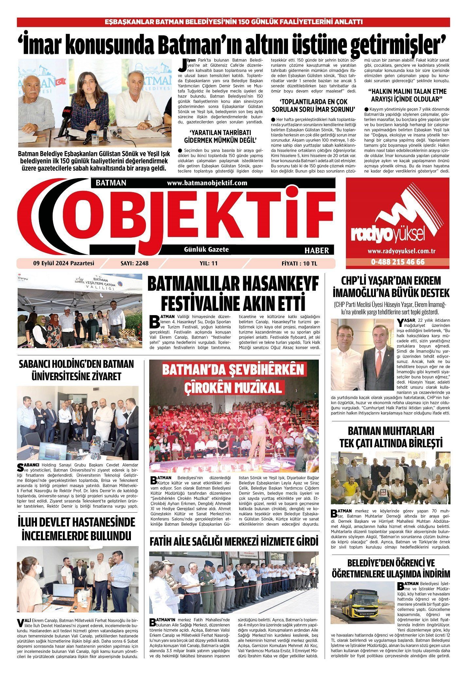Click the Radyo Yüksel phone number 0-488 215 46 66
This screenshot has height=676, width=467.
(x=398, y=262)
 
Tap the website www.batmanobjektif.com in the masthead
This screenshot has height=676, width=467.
(x=207, y=183)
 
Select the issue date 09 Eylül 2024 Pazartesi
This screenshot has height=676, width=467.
(x=63, y=263)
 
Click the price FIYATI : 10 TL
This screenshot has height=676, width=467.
(x=299, y=263)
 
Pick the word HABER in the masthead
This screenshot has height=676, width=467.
(x=316, y=250)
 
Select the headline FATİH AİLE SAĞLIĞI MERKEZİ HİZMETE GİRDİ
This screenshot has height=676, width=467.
(x=234, y=541)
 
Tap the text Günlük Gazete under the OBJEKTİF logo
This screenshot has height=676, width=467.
(x=207, y=249)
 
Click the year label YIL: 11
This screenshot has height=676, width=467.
(x=208, y=263)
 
